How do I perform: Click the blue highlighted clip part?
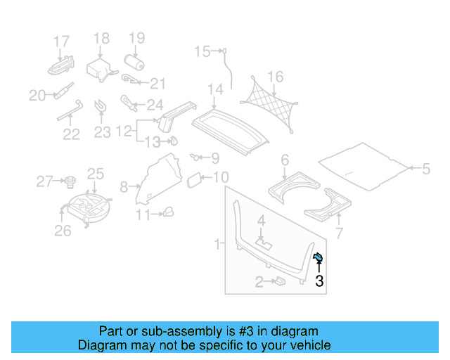317,258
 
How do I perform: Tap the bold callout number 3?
319,282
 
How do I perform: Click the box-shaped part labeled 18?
98,69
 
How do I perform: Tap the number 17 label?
62,41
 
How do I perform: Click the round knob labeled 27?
70,183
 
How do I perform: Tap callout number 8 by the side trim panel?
124,187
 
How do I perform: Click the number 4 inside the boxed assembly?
261,221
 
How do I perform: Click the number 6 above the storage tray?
285,160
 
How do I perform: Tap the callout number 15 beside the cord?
202,51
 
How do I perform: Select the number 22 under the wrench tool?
71,134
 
